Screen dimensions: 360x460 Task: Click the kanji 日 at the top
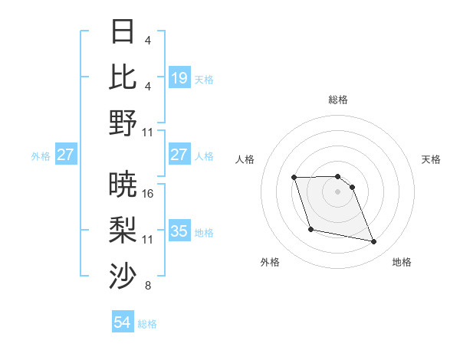pos(123,32)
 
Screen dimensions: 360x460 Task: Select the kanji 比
pos(123,77)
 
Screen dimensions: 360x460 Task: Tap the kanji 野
pos(123,122)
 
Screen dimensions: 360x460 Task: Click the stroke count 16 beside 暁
pos(148,193)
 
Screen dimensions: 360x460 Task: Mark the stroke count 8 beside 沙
pos(148,286)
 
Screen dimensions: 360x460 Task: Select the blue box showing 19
pos(179,77)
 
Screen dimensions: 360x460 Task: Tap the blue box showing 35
pos(179,231)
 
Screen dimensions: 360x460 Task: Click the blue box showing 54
pos(123,322)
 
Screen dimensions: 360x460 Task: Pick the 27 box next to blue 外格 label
pos(66,155)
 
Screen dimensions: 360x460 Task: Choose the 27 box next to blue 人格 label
pos(179,155)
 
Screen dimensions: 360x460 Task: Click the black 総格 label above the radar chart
pos(338,100)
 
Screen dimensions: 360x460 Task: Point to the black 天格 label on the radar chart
pos(431,159)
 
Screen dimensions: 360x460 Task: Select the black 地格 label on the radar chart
pos(402,262)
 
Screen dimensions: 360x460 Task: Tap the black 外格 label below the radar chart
pos(270,262)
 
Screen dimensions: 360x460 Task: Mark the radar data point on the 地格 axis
pos(374,242)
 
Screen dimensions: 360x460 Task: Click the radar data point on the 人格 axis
pos(294,178)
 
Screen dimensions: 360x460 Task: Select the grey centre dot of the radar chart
pos(338,191)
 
